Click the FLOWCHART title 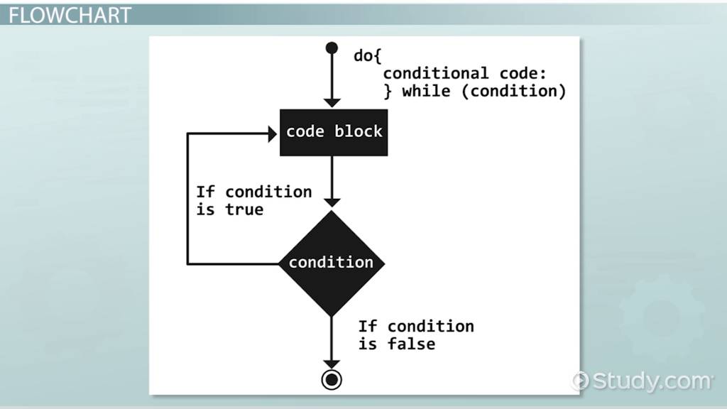(x=70, y=15)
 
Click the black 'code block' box (x=334, y=132)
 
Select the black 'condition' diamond (x=331, y=263)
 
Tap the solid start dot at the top (x=331, y=48)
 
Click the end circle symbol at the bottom (x=331, y=379)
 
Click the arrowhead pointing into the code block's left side (x=272, y=132)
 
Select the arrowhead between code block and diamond (x=331, y=202)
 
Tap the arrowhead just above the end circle (x=331, y=361)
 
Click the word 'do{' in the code (x=368, y=55)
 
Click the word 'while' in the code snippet (x=426, y=91)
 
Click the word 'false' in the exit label (x=411, y=344)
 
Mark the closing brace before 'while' (x=388, y=91)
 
